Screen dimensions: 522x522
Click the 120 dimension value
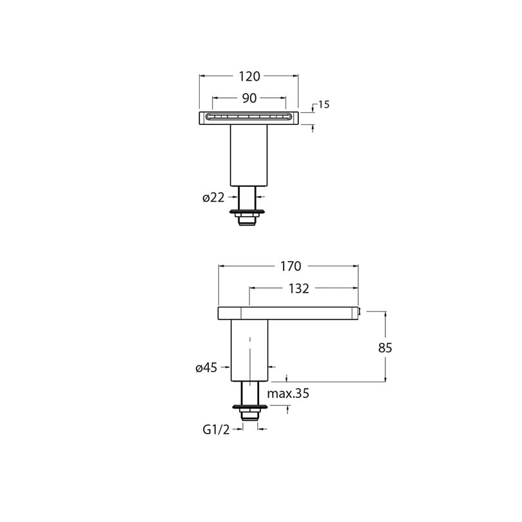pyautogui.click(x=249, y=77)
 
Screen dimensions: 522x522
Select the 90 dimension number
pyautogui.click(x=249, y=98)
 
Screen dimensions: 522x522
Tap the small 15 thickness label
pyautogui.click(x=324, y=104)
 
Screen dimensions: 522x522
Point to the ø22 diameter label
pyautogui.click(x=213, y=198)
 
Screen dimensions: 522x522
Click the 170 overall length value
pyautogui.click(x=291, y=266)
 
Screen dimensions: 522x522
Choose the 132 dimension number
pyautogui.click(x=298, y=289)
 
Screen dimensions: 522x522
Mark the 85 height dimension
pyautogui.click(x=385, y=348)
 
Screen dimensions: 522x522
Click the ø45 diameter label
pyautogui.click(x=206, y=367)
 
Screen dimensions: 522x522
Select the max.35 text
pyautogui.click(x=288, y=394)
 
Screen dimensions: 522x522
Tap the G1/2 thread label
pyautogui.click(x=216, y=430)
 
